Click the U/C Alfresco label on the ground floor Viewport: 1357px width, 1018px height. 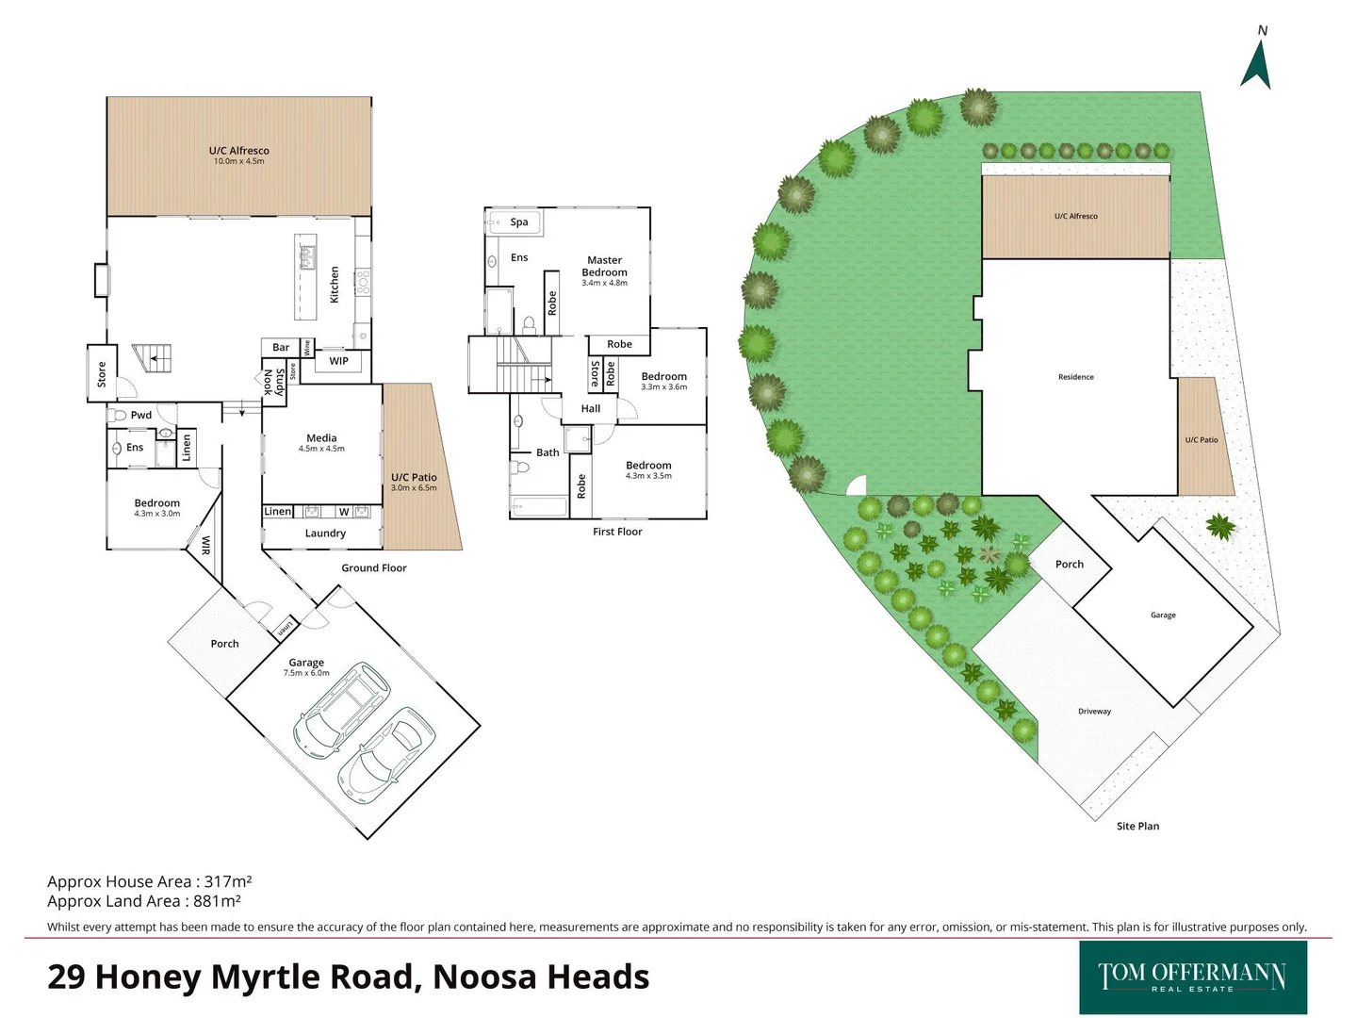tap(238, 151)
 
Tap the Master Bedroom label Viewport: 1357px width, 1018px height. tap(604, 266)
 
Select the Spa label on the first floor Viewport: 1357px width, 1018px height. tap(519, 222)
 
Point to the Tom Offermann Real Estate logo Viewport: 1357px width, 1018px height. tap(1192, 977)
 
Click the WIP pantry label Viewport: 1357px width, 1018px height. tap(338, 361)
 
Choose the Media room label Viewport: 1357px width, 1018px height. tap(321, 438)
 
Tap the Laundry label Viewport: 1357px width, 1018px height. tap(325, 534)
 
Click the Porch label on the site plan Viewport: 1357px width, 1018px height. tap(1070, 565)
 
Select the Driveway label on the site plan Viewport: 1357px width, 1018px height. tap(1094, 712)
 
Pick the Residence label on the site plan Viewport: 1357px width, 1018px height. tap(1075, 377)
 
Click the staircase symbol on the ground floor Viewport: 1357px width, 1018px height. tap(153, 357)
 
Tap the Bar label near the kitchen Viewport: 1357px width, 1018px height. tap(281, 348)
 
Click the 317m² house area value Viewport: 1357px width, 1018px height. tap(228, 882)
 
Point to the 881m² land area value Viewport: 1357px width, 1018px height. tap(217, 901)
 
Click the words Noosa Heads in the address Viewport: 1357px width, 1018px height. tap(541, 977)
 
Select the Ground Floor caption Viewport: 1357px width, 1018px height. tap(374, 568)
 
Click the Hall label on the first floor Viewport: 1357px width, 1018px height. tap(591, 409)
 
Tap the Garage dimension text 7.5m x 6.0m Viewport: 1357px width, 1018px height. tap(306, 673)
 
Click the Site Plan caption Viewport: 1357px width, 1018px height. tap(1137, 827)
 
